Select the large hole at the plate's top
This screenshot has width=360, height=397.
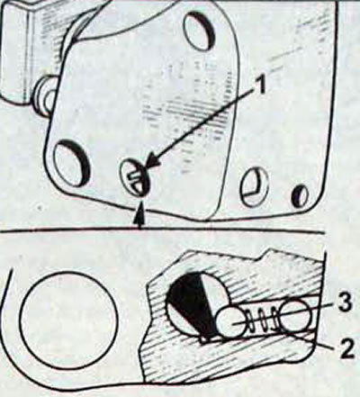(x=199, y=29)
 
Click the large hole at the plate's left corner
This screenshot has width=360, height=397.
(x=71, y=162)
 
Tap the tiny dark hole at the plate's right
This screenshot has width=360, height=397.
(x=300, y=196)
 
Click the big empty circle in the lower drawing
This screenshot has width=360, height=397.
(x=68, y=320)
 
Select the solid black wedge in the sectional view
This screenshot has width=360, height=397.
(x=192, y=306)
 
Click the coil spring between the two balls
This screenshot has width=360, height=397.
(x=263, y=321)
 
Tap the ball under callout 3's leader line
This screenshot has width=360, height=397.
(x=294, y=314)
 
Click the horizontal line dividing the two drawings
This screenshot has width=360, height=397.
(x=162, y=230)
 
